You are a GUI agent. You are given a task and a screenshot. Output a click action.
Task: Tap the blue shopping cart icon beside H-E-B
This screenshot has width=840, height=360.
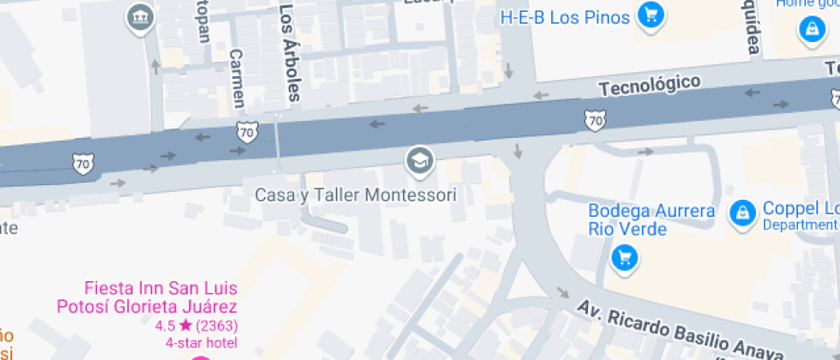click(x=651, y=15)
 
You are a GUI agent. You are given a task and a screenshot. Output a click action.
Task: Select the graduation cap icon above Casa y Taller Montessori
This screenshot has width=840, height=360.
click(x=419, y=159)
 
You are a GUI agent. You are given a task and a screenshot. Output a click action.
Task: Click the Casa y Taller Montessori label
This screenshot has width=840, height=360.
click(x=356, y=195)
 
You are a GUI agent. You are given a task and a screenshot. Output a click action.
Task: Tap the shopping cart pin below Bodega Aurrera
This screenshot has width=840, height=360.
click(x=626, y=256)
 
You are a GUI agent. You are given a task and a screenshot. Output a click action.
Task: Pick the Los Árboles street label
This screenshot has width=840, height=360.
click(x=290, y=51)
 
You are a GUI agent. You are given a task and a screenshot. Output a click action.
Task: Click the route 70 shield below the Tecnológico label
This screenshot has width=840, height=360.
click(x=595, y=121)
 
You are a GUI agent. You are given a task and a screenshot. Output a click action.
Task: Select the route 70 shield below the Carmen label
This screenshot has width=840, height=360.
click(x=247, y=134)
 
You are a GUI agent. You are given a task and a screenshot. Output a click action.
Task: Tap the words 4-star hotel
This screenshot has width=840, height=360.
click(x=196, y=343)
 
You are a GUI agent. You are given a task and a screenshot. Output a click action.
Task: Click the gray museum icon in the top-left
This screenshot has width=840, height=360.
click(x=139, y=16)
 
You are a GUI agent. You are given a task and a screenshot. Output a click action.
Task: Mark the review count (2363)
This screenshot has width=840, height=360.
click(x=216, y=326)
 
